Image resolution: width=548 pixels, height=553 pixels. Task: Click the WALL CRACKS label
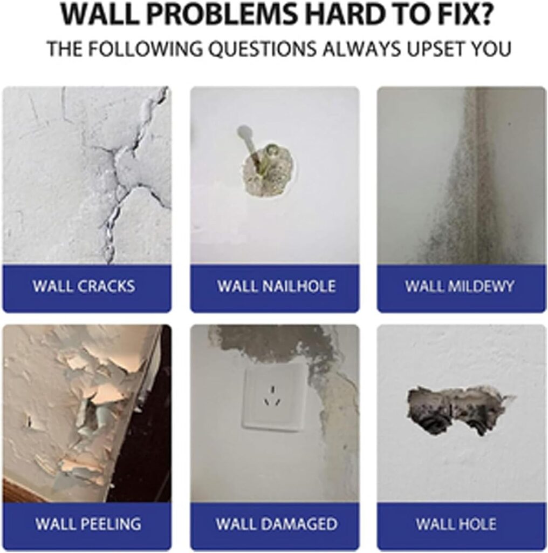[84, 286]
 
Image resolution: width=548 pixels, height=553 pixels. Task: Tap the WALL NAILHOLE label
[276, 286]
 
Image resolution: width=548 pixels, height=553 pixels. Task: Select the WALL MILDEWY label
[460, 286]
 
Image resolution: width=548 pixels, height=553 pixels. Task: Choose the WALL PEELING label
[88, 523]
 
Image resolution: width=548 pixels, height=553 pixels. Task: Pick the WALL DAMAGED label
[277, 523]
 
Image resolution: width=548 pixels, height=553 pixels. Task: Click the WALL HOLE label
[456, 523]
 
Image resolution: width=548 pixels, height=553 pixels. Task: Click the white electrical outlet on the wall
[273, 397]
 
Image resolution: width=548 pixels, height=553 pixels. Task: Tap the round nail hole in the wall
[269, 170]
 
